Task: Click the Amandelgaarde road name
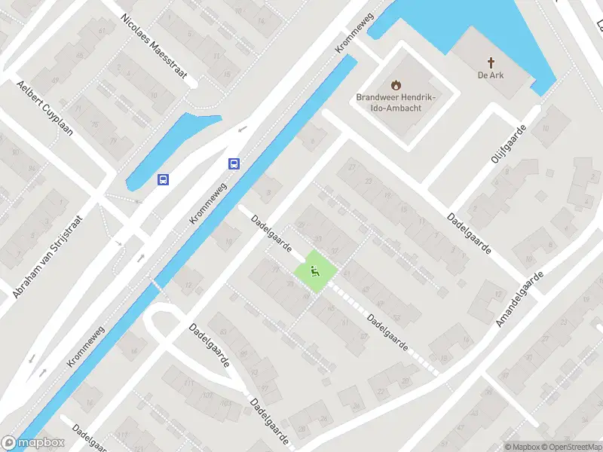click(x=519, y=300)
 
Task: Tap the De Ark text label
click(x=490, y=75)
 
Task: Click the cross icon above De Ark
click(x=490, y=63)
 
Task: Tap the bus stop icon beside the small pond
click(x=163, y=179)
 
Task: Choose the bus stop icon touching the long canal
click(x=234, y=163)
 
